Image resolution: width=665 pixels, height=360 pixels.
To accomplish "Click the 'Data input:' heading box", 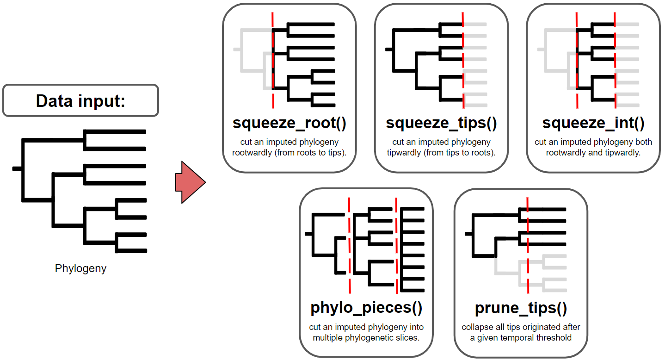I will [x=80, y=100].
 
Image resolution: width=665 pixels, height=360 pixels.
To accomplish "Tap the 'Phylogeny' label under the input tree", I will [x=80, y=268].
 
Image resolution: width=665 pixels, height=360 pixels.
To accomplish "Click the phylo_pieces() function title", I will [x=366, y=307].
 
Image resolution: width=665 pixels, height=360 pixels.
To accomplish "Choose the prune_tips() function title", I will [x=521, y=307].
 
